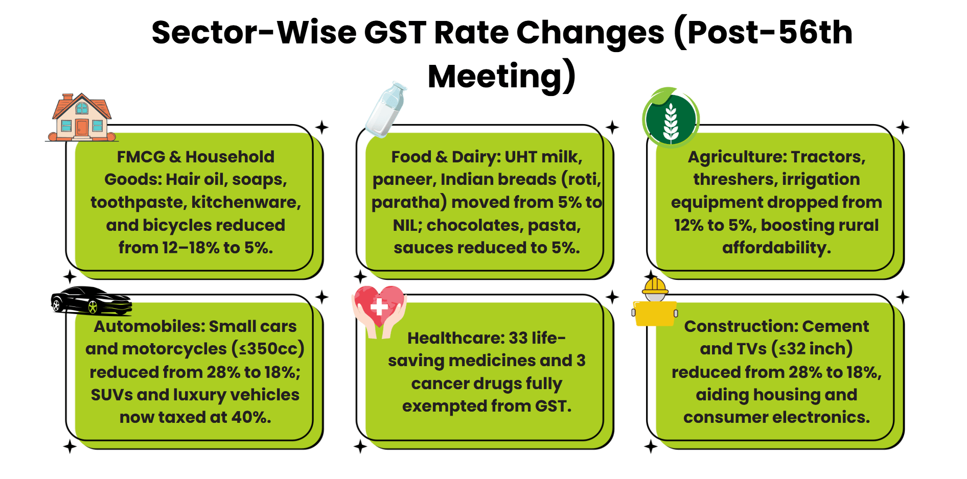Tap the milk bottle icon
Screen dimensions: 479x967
point(387,110)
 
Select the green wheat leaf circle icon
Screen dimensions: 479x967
point(670,118)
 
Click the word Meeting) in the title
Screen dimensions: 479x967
point(501,76)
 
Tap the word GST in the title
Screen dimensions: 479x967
point(395,33)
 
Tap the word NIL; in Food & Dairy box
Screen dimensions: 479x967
point(407,225)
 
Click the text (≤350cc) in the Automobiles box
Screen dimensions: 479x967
point(268,349)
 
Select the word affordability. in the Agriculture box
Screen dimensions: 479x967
point(776,248)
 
